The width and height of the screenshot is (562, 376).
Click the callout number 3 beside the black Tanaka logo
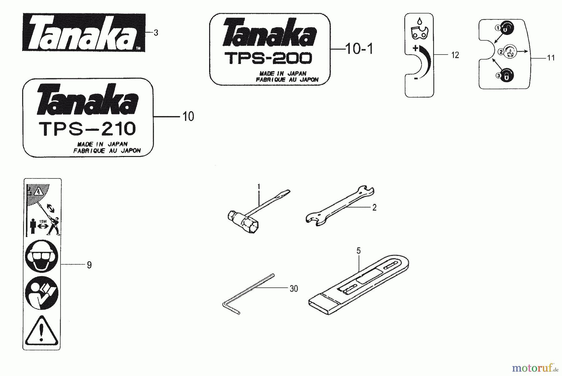pyautogui.click(x=156, y=33)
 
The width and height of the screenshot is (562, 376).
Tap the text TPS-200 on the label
pyautogui.click(x=268, y=58)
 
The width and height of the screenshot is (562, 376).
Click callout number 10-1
pyautogui.click(x=359, y=49)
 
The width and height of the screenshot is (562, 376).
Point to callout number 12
pyautogui.click(x=455, y=55)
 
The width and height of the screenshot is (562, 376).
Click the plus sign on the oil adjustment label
pyautogui.click(x=415, y=48)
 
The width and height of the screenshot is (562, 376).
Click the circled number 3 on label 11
pyautogui.click(x=498, y=76)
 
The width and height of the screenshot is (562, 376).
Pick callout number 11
pyautogui.click(x=551, y=58)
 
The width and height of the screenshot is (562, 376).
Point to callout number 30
pyautogui.click(x=293, y=289)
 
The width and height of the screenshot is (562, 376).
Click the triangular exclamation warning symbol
pyautogui.click(x=42, y=331)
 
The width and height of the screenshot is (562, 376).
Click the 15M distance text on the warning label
pyautogui.click(x=43, y=222)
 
